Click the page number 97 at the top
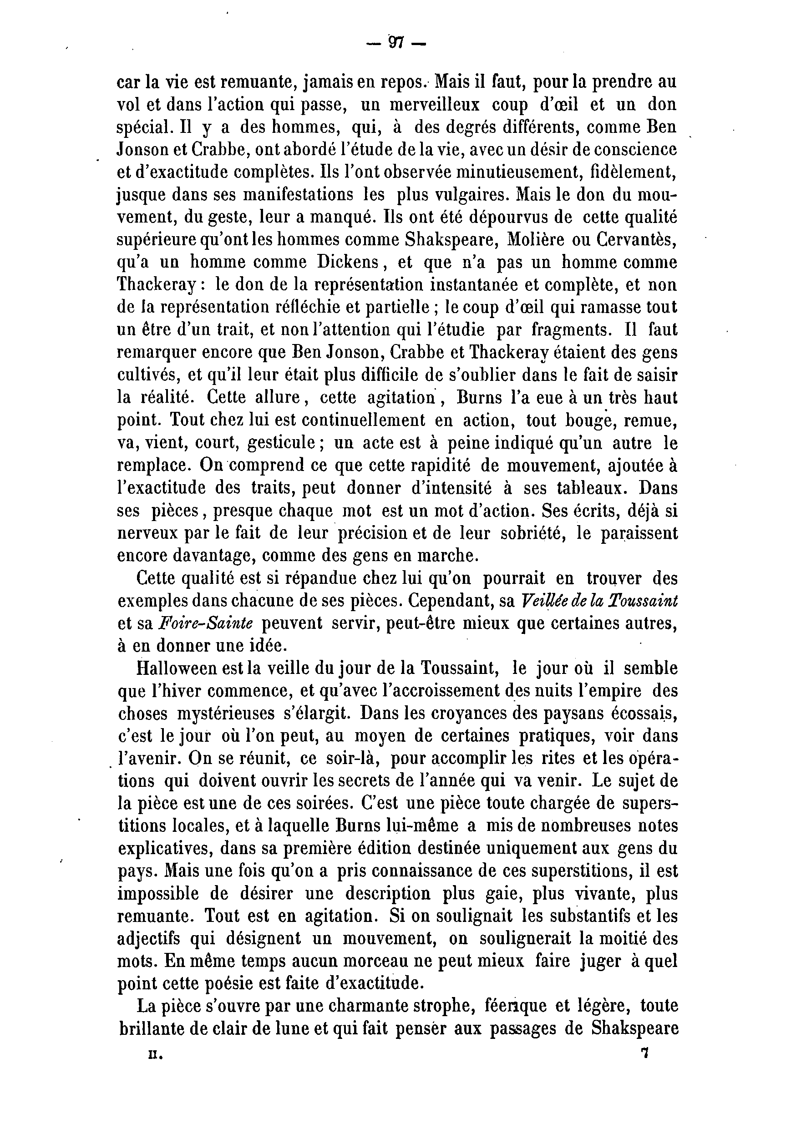[x=396, y=43]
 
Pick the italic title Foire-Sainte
[x=206, y=623]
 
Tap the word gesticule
[x=282, y=444]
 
